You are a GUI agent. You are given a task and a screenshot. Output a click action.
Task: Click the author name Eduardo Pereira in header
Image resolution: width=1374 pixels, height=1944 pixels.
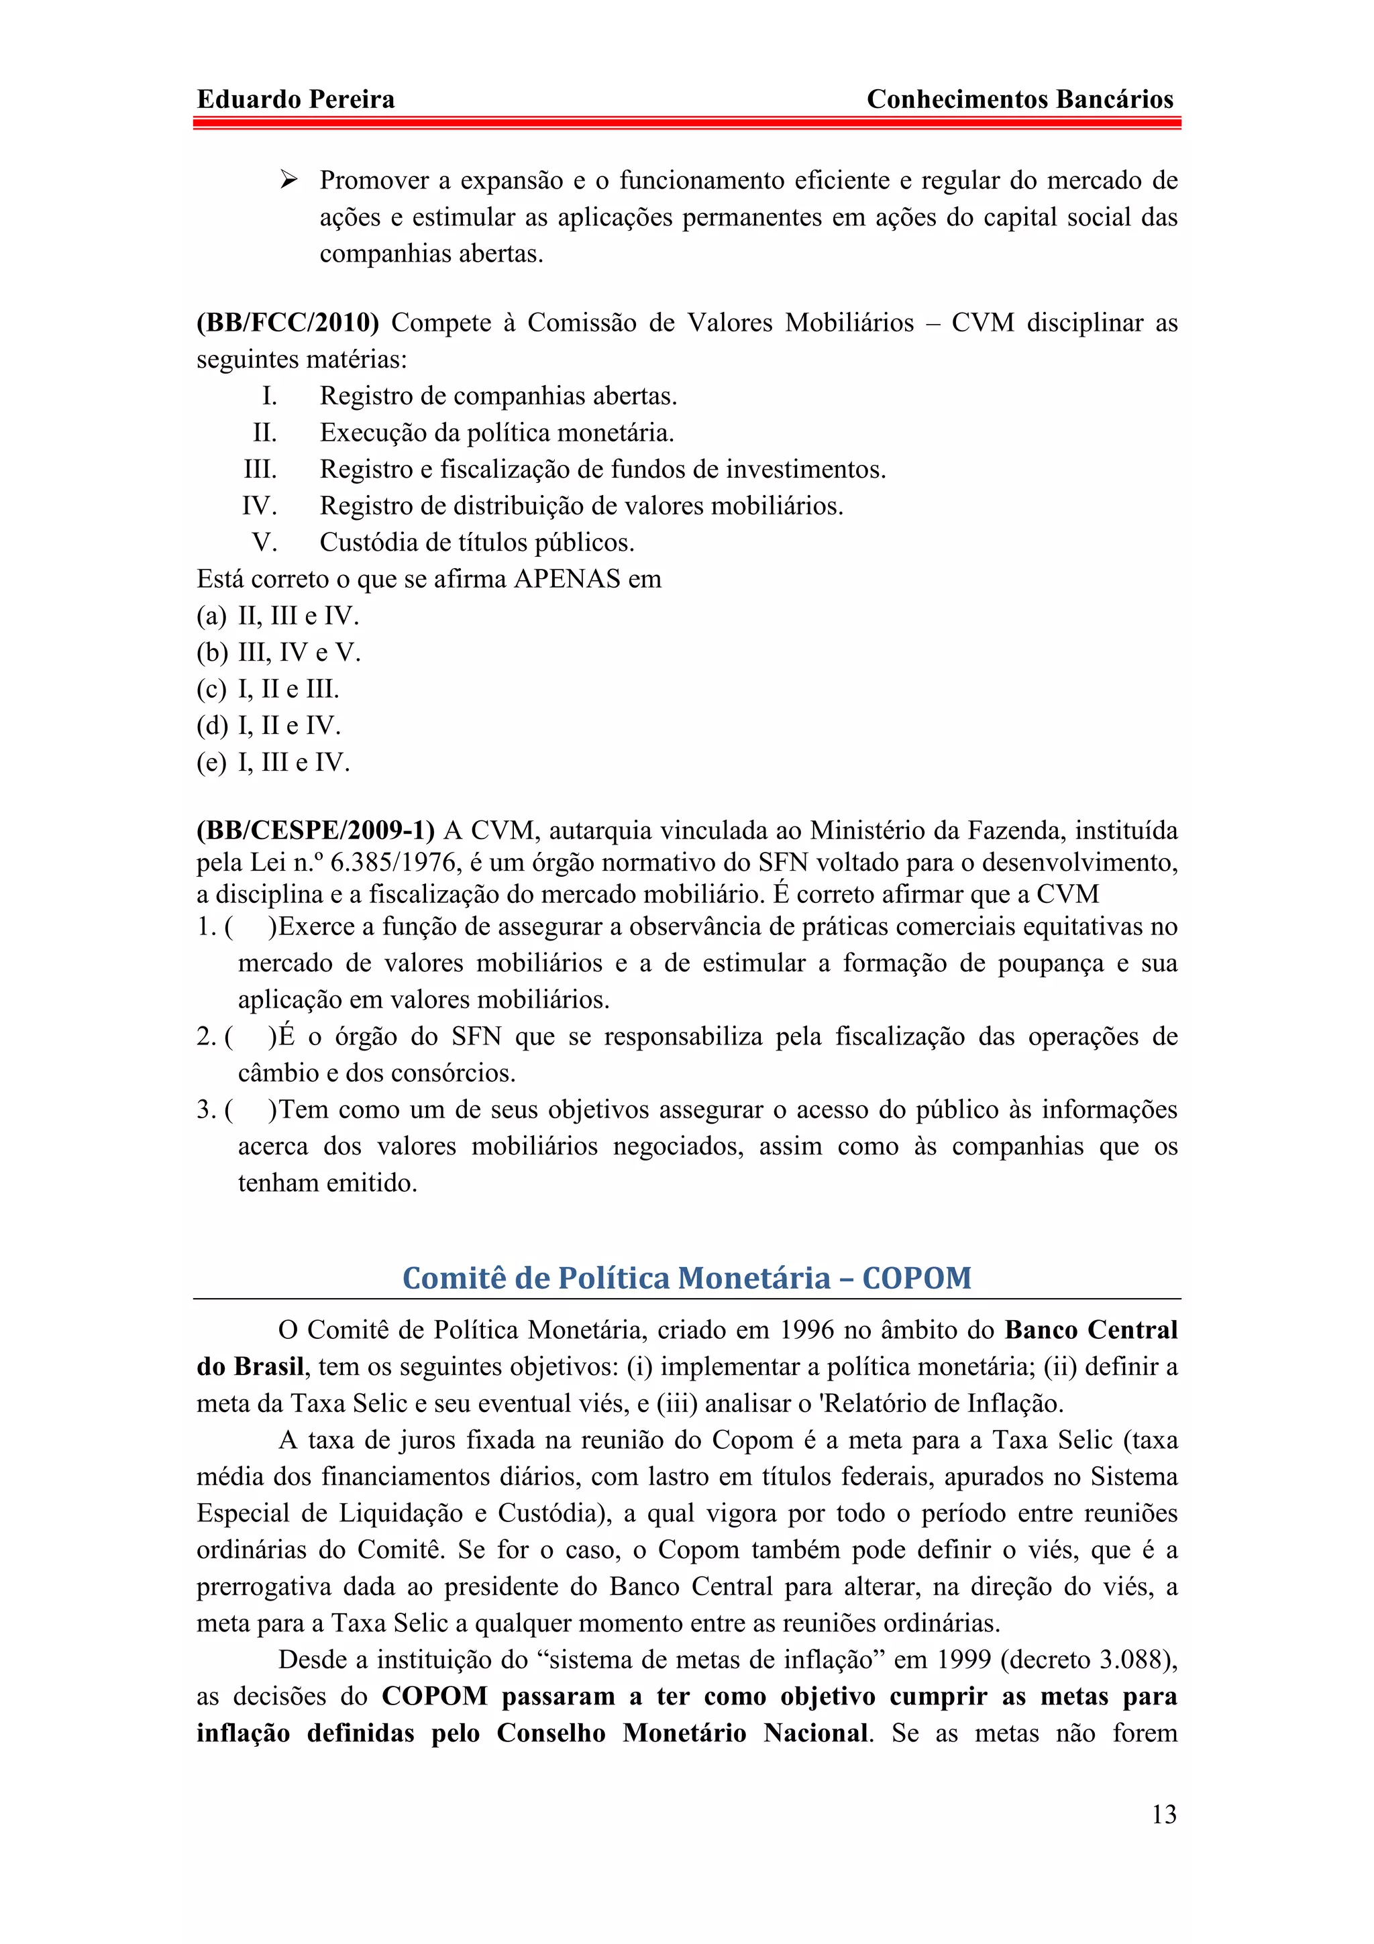point(295,100)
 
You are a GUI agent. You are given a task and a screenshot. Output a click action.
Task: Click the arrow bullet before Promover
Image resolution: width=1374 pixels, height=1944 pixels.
point(288,180)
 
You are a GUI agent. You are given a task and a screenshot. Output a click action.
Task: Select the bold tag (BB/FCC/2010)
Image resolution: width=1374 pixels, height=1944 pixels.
point(288,323)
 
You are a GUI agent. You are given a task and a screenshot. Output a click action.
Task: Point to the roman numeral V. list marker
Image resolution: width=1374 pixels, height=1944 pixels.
point(264,543)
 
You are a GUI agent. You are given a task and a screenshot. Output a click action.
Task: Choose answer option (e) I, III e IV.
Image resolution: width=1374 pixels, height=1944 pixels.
point(272,763)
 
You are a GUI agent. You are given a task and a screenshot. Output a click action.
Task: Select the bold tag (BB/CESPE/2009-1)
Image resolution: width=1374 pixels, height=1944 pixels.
point(315,830)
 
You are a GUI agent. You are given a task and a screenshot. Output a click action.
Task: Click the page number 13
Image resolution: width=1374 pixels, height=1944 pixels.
point(1163,1815)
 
